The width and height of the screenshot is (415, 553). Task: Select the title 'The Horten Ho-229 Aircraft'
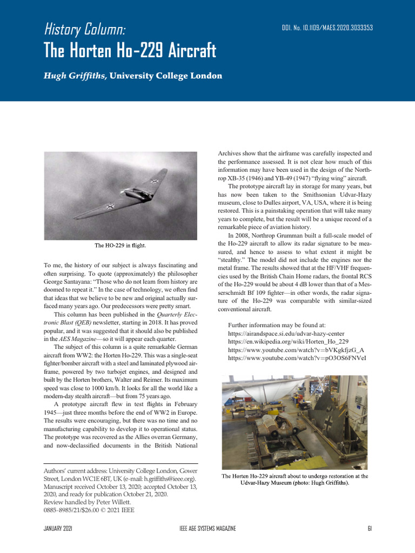[x=130, y=51]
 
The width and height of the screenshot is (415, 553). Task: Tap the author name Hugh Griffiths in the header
[x=75, y=76]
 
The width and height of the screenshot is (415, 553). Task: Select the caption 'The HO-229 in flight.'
[x=121, y=246]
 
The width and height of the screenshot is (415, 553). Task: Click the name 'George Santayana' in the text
[x=68, y=282]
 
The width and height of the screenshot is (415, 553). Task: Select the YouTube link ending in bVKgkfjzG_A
[x=296, y=350]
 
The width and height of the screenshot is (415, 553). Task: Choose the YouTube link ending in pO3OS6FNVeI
[x=297, y=358]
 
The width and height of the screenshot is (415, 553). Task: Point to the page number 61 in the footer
[x=369, y=528]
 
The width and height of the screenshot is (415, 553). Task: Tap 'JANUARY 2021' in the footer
[x=58, y=528]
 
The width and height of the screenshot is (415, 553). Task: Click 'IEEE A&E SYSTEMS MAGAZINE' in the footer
[x=207, y=528]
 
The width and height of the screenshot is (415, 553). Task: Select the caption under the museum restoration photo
[x=295, y=480]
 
